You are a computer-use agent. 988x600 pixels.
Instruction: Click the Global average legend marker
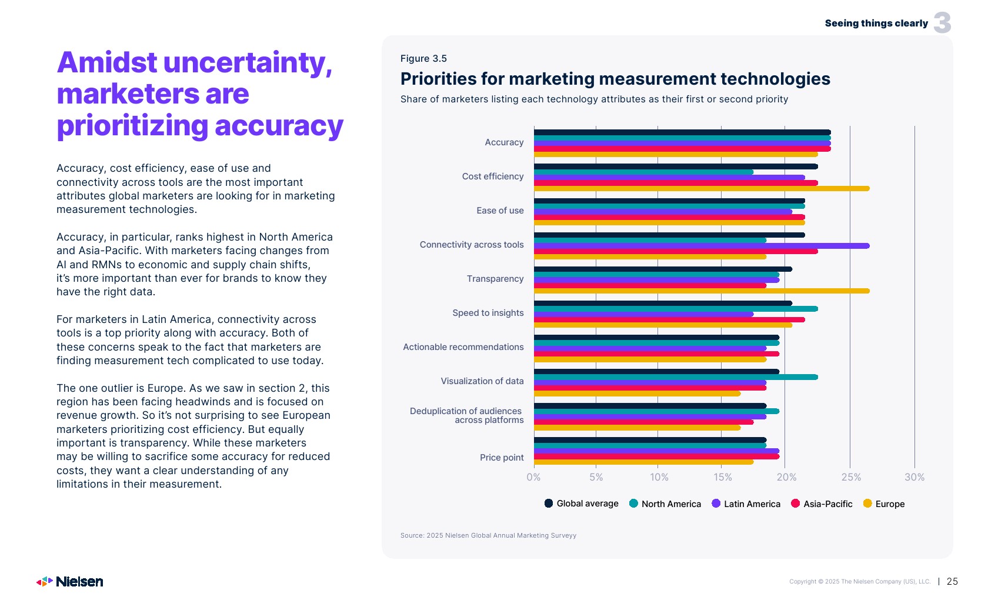pos(549,504)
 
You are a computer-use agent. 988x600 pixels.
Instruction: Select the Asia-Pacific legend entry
pos(822,504)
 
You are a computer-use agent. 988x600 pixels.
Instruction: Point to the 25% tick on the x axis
pos(851,477)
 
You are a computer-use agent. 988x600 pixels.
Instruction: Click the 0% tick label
pos(533,477)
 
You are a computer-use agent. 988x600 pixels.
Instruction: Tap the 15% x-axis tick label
pos(723,477)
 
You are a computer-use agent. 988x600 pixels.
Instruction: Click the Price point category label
pos(502,458)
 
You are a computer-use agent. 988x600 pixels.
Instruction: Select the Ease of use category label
pos(500,211)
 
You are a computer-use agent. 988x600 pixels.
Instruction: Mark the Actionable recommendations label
pos(463,347)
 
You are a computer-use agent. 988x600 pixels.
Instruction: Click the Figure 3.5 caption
pos(423,58)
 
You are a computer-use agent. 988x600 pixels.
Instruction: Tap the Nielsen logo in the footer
pos(70,582)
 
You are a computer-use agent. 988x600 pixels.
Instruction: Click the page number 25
pos(952,581)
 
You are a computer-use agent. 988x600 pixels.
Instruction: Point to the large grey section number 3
pos(942,23)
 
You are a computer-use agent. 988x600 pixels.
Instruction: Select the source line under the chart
pos(488,535)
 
